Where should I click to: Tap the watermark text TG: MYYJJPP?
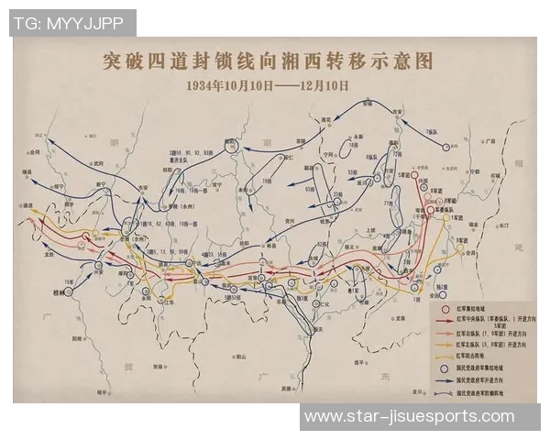coord(71,22)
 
